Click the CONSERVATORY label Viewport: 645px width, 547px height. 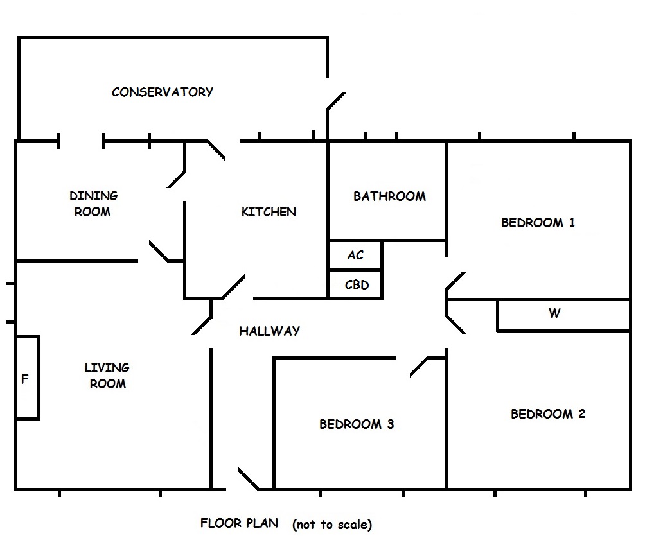(x=162, y=92)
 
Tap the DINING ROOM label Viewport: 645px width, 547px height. (x=93, y=204)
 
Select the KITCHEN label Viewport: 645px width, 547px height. (x=269, y=211)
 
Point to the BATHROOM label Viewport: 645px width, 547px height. (x=389, y=196)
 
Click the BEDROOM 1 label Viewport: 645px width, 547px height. (x=538, y=223)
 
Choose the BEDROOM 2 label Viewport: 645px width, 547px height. (x=548, y=414)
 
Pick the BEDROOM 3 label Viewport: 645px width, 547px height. (x=357, y=424)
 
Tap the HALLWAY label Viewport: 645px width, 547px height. (x=269, y=331)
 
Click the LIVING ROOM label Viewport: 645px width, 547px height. (x=107, y=376)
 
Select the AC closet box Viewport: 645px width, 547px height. (x=355, y=256)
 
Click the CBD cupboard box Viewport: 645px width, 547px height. (x=357, y=284)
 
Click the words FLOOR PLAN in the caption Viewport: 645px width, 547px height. (x=239, y=523)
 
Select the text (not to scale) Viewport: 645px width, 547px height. (x=331, y=525)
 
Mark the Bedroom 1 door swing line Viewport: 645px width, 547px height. (x=455, y=282)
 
